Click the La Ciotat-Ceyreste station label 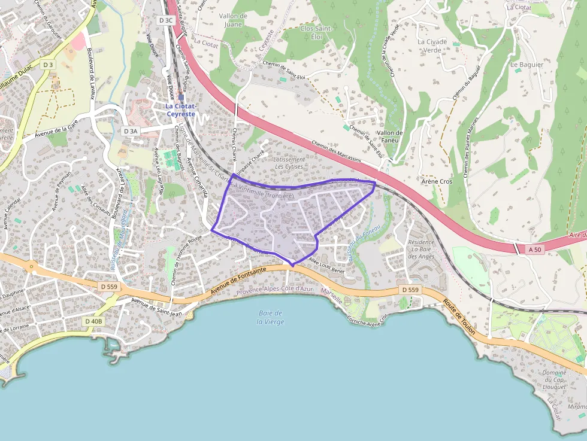(x=180, y=110)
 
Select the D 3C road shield (x=166, y=20)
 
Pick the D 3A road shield (x=130, y=130)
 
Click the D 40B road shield (x=93, y=321)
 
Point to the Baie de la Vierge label (x=271, y=317)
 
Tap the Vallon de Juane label (x=233, y=20)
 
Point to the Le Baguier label (x=527, y=64)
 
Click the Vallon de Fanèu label (x=390, y=136)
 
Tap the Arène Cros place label (x=437, y=181)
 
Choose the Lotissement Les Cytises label (x=289, y=163)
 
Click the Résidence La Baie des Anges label (x=421, y=249)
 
